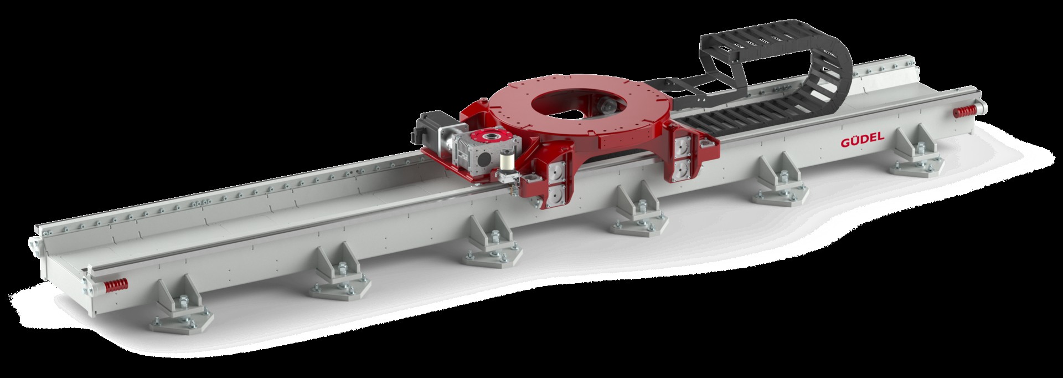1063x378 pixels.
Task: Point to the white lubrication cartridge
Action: pyautogui.click(x=507, y=163)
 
